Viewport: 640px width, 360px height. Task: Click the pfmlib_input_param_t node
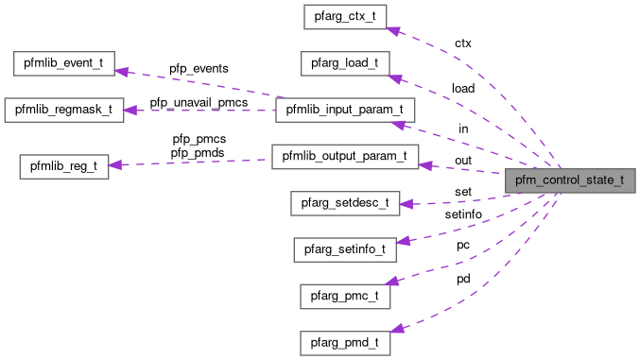pos(345,111)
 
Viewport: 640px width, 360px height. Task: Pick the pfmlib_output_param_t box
pos(345,157)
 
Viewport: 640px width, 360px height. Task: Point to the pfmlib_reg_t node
pos(64,166)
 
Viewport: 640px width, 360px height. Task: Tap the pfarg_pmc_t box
pos(345,296)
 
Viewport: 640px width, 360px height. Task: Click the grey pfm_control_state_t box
pos(569,180)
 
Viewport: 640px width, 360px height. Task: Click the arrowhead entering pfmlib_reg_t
pos(114,166)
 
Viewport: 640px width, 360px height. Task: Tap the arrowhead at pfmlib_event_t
pos(123,69)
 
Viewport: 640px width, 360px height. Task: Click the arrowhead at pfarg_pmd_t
pos(397,329)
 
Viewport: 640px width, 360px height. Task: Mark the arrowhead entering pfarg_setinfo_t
pos(402,240)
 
